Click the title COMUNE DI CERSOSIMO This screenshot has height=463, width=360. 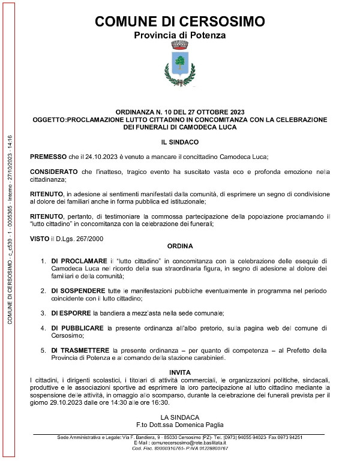(x=180, y=22)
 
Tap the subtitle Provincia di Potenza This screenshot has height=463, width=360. (x=180, y=35)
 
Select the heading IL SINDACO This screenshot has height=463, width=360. (x=180, y=142)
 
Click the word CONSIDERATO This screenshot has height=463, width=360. (x=53, y=173)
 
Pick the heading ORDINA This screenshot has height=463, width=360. (x=180, y=246)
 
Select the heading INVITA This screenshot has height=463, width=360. (x=180, y=372)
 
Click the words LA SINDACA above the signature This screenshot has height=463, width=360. (x=180, y=416)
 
